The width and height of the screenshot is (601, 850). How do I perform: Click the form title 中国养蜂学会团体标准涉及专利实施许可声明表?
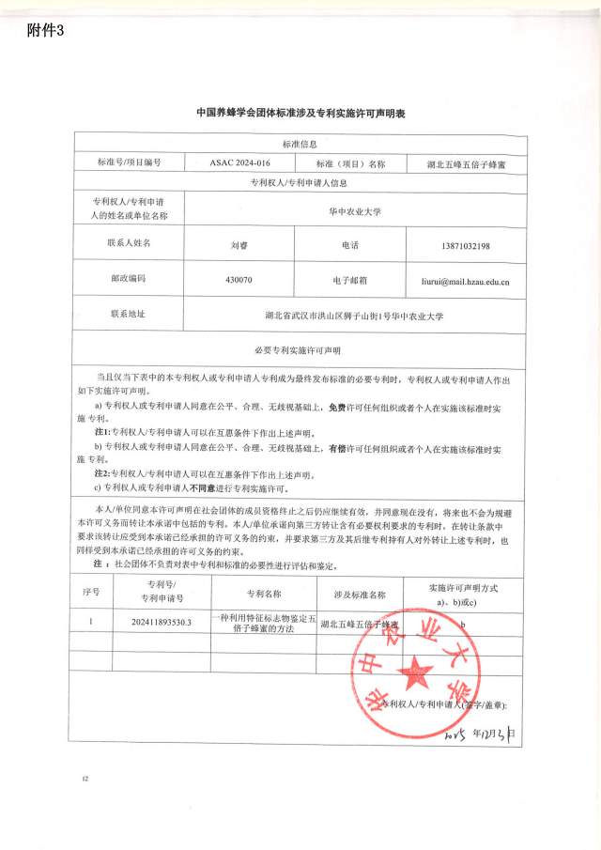coord(300,112)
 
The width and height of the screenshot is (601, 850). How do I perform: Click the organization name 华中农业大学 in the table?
coord(354,211)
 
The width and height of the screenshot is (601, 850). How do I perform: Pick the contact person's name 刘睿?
coord(239,245)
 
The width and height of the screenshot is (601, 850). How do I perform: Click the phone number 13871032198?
coord(465,245)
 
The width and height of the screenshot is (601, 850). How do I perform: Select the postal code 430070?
coord(239,280)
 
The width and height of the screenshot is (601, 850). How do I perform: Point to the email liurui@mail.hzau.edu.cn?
coord(465,280)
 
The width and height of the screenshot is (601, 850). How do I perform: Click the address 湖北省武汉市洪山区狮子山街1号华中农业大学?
coord(354,316)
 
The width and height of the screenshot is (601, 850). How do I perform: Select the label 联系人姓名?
coord(130,242)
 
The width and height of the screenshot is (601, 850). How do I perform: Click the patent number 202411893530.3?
coord(162,622)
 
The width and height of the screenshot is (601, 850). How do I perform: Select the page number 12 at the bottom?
coord(85,779)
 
